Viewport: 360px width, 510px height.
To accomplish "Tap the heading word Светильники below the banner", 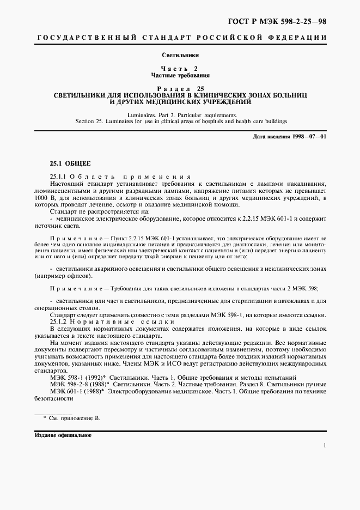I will (180, 56).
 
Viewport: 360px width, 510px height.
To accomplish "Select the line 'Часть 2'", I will (180, 69).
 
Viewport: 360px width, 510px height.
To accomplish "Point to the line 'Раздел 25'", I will (180, 88).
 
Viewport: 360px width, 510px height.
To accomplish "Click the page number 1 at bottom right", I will (325, 446).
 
